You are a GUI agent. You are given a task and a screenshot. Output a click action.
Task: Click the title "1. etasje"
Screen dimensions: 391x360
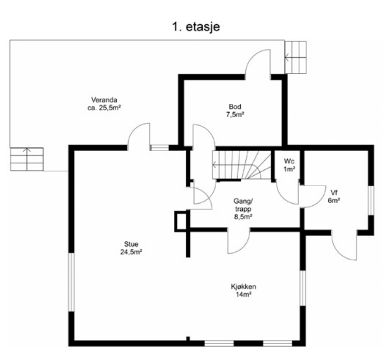pyautogui.click(x=196, y=27)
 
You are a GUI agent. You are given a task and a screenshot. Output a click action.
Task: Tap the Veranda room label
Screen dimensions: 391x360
pyautogui.click(x=104, y=104)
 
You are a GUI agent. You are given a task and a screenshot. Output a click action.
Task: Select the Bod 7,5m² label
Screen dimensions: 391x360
pyautogui.click(x=235, y=111)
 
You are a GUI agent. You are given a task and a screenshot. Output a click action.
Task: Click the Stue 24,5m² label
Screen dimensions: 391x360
pyautogui.click(x=131, y=248)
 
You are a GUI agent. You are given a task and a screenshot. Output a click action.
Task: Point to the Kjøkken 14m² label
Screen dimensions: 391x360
pyautogui.click(x=243, y=291)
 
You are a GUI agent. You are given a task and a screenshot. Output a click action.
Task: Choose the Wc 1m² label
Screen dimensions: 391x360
pyautogui.click(x=289, y=165)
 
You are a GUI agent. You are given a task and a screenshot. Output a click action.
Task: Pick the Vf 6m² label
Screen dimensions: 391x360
pyautogui.click(x=334, y=196)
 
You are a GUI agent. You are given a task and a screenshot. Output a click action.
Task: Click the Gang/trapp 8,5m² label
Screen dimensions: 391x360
pyautogui.click(x=243, y=209)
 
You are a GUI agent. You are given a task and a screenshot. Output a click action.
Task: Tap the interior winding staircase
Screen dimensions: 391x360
pyautogui.click(x=242, y=165)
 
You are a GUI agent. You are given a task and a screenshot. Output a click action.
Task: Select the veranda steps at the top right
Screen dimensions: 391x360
pyautogui.click(x=296, y=57)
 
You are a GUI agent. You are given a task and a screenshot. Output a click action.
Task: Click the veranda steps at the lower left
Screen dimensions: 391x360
pyautogui.click(x=27, y=159)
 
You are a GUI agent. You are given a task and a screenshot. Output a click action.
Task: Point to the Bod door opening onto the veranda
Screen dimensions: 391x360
pyautogui.click(x=258, y=64)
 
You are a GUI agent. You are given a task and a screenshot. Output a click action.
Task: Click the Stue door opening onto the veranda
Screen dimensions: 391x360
pyautogui.click(x=139, y=137)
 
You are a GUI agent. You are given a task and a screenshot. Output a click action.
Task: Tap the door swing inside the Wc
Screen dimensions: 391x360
pyautogui.click(x=287, y=192)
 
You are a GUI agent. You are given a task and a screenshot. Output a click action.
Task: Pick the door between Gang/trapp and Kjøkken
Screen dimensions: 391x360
pyautogui.click(x=239, y=241)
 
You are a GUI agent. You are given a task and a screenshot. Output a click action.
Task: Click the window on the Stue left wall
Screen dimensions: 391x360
pyautogui.click(x=72, y=282)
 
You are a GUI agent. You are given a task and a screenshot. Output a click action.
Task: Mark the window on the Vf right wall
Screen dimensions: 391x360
pyautogui.click(x=371, y=201)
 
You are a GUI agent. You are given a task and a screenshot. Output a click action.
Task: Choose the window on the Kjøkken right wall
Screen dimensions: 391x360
pyautogui.click(x=303, y=288)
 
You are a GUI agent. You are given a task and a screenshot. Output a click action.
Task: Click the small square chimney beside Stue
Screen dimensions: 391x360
pyautogui.click(x=181, y=221)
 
